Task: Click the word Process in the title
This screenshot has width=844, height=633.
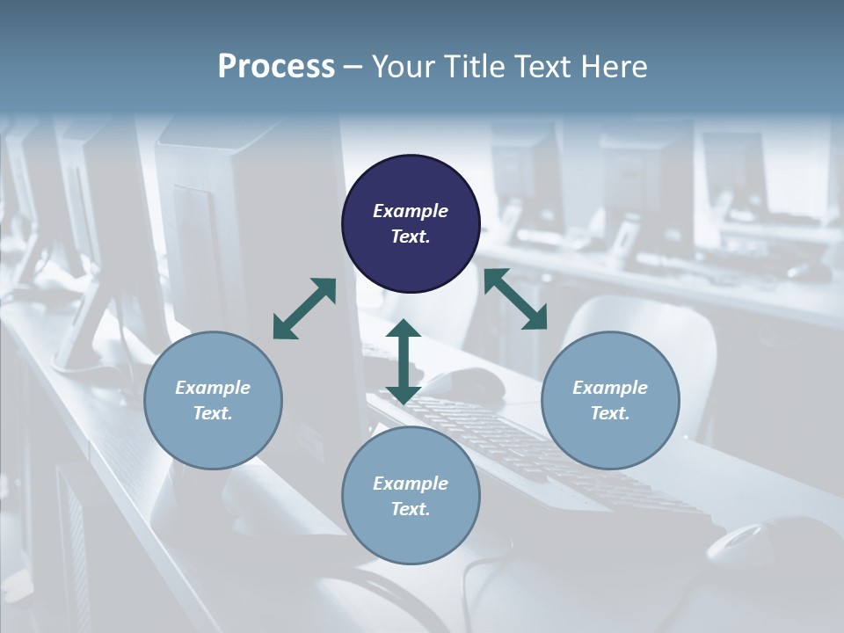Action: (x=276, y=67)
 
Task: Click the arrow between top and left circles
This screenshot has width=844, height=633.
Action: (x=304, y=309)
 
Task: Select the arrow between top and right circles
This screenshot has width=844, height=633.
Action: (x=515, y=299)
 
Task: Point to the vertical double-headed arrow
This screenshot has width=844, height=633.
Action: (x=404, y=361)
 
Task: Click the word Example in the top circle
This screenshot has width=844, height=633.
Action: (x=411, y=211)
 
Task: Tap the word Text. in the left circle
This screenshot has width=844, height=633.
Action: (x=213, y=413)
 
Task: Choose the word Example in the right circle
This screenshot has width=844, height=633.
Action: (x=610, y=388)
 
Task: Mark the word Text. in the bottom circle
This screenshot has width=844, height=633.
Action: (x=411, y=509)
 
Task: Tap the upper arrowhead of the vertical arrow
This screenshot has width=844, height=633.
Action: (x=404, y=329)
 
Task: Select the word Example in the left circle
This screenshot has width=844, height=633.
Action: (x=213, y=388)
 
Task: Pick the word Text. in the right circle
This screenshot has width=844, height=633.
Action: (x=610, y=413)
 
